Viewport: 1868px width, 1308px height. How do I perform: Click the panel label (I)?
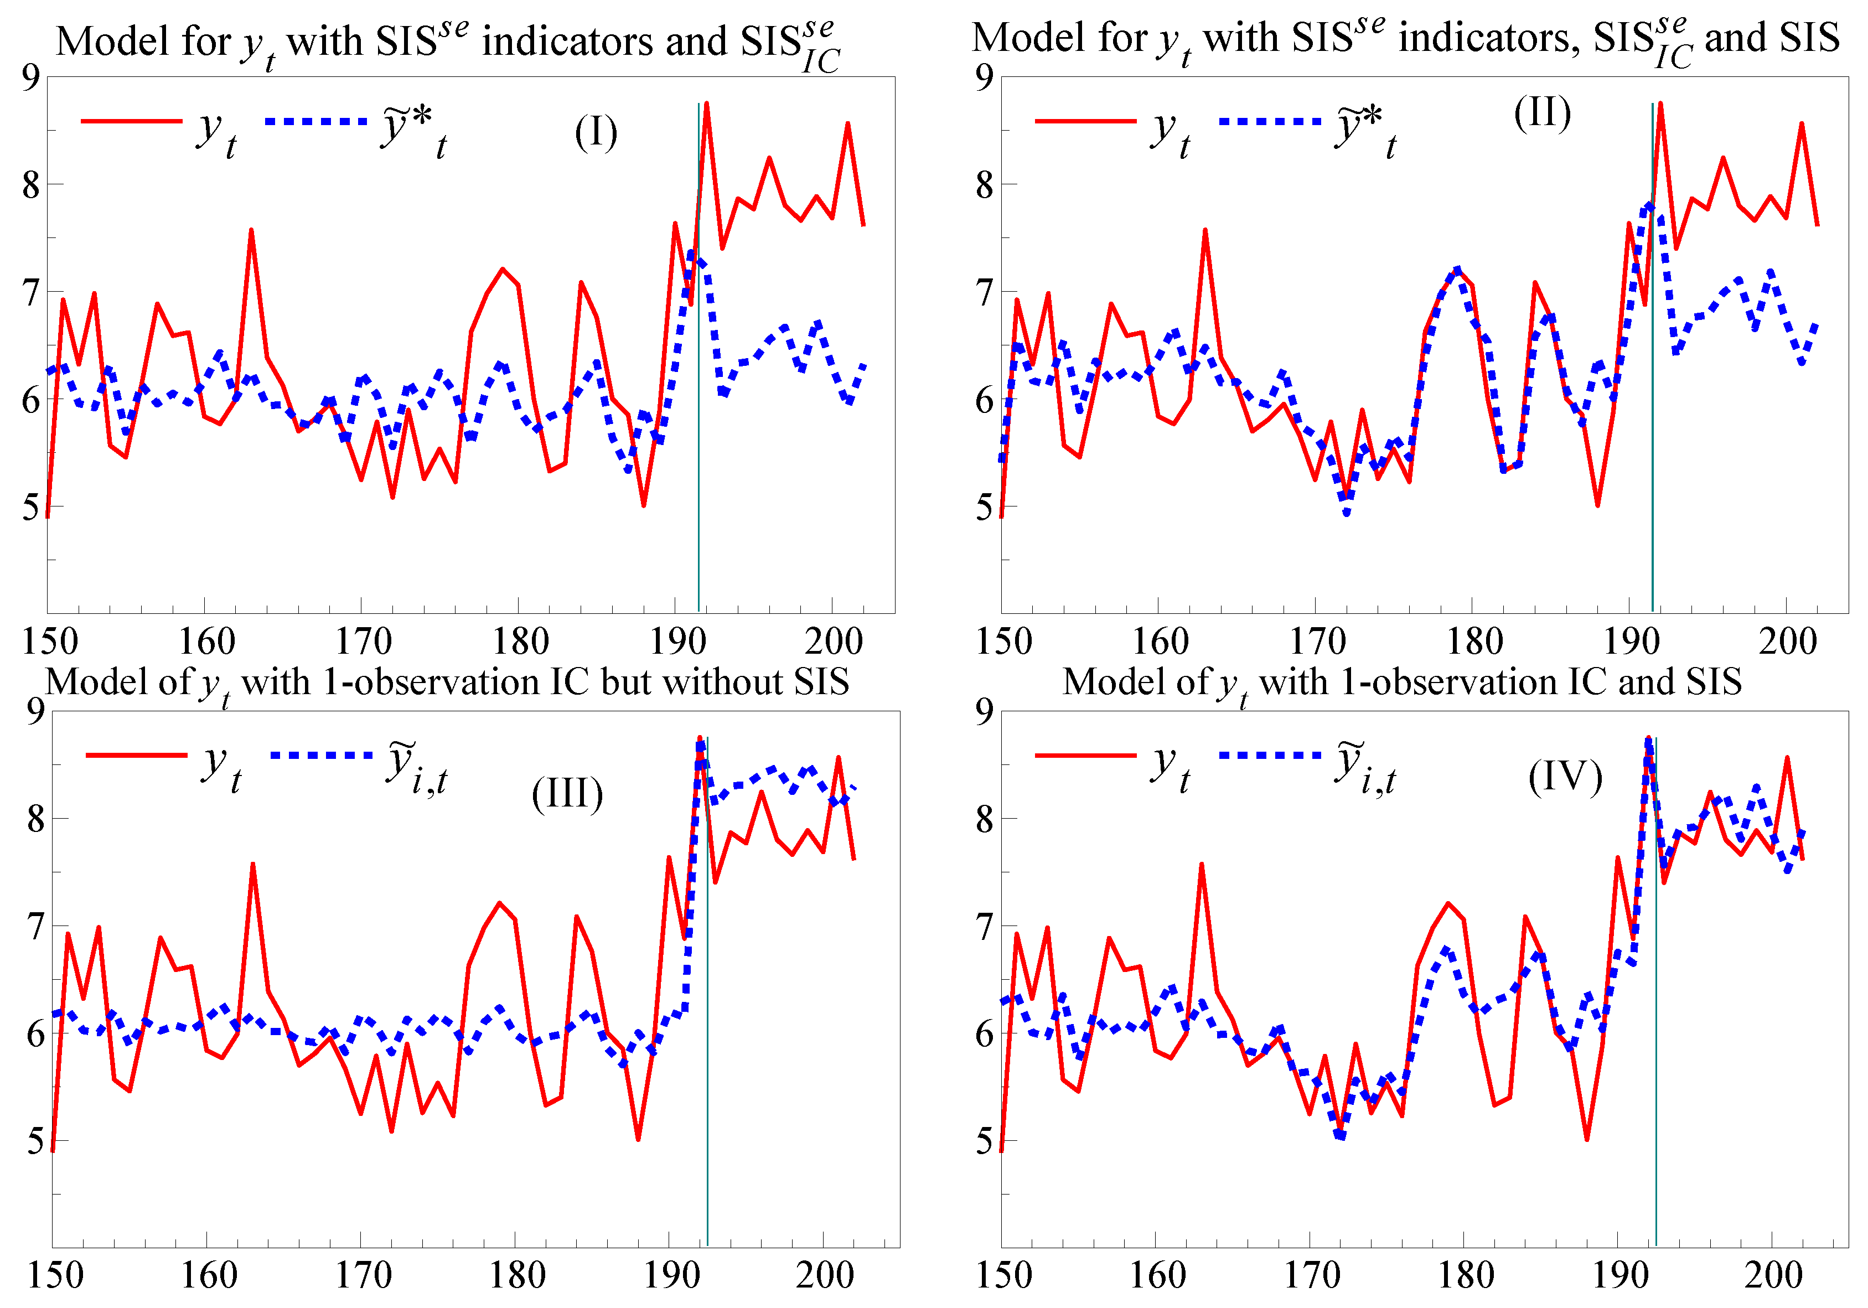coord(596,133)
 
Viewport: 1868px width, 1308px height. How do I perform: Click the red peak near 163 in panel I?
coord(251,231)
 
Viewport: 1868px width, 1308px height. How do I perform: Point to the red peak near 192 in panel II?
coord(1660,104)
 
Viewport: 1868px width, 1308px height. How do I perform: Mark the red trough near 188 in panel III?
coord(638,1138)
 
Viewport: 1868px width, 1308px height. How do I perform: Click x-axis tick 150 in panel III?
coord(55,1275)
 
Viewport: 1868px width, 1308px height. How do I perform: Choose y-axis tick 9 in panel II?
coord(985,77)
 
